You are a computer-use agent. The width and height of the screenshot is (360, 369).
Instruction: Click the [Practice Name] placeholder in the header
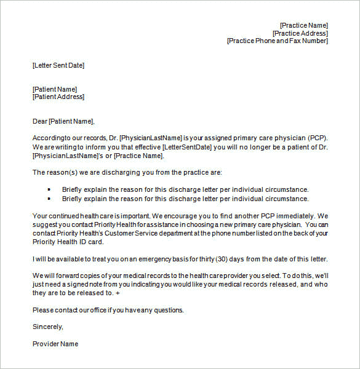[304, 25]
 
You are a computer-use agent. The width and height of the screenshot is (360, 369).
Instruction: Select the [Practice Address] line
[300, 33]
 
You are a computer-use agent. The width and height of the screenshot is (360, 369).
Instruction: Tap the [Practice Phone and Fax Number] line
[278, 41]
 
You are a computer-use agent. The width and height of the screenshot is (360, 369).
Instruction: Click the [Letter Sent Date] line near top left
[58, 65]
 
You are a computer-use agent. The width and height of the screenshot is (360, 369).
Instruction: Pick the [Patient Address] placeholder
[58, 97]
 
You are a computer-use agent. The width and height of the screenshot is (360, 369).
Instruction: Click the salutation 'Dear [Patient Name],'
[63, 121]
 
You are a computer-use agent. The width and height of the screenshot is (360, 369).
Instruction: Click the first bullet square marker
[49, 189]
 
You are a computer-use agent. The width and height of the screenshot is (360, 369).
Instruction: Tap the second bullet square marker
[49, 199]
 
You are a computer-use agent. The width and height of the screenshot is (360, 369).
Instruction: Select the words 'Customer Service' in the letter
[127, 234]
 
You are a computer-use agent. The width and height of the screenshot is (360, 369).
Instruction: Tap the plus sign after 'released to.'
[118, 293]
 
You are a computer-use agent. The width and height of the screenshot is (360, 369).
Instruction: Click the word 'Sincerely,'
[48, 327]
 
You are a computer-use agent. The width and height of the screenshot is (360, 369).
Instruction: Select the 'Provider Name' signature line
[55, 344]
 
